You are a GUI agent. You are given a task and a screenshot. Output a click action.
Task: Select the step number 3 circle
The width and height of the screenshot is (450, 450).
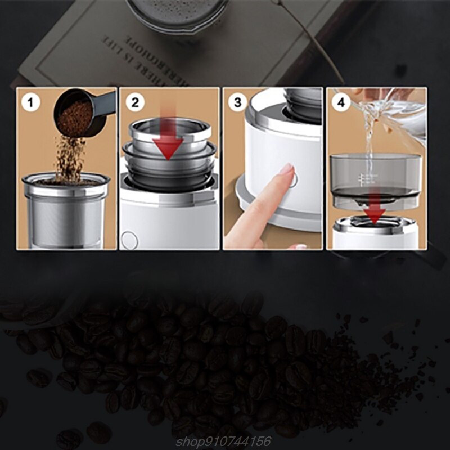pos(237,102)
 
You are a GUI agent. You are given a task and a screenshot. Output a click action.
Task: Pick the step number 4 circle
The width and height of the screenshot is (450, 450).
pos(341,103)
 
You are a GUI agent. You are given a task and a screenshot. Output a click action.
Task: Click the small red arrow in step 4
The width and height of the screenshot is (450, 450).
pos(375,213)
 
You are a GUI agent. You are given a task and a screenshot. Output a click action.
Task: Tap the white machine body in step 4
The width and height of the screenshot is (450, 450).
pos(375,238)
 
